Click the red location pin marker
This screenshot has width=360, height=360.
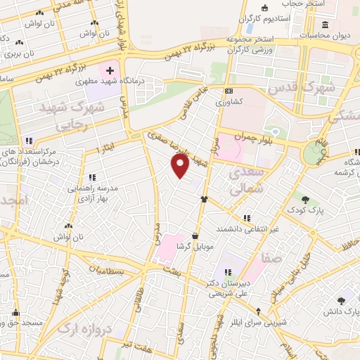(181, 165)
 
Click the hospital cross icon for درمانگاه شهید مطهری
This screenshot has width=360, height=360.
(110, 72)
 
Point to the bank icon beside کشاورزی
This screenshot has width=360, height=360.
(228, 91)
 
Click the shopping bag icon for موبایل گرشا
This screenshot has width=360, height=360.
(195, 236)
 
